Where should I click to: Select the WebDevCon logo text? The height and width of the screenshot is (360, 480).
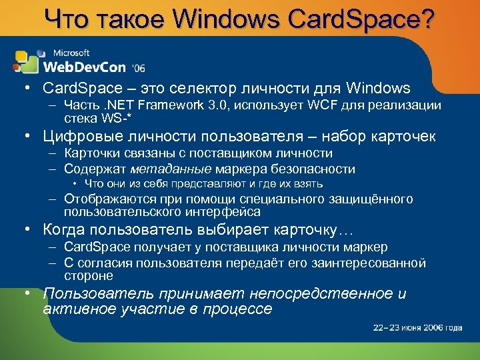click(x=85, y=66)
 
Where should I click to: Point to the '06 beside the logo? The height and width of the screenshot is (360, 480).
click(x=138, y=68)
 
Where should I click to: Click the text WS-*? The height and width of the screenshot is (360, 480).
click(x=115, y=117)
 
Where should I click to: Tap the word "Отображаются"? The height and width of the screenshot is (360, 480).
click(x=107, y=199)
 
